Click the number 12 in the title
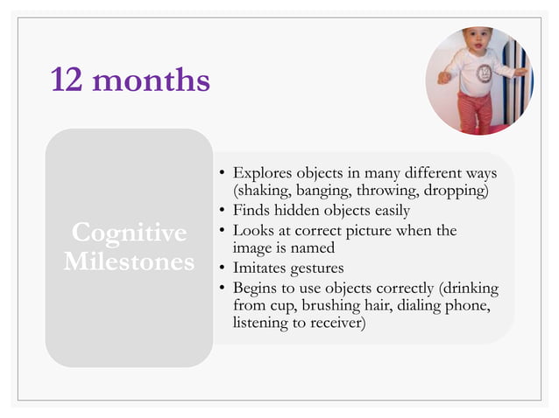67,80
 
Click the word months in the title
151,80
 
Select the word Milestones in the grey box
130,261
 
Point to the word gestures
317,268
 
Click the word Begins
255,287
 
